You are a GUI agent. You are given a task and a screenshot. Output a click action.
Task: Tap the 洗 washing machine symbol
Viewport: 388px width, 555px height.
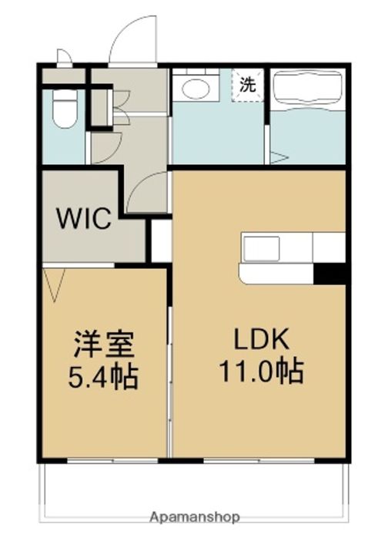pyautogui.click(x=247, y=84)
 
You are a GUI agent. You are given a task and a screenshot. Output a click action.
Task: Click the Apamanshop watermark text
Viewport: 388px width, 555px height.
pyautogui.click(x=195, y=516)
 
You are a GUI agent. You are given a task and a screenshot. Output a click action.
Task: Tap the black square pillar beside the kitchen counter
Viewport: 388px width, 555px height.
pyautogui.click(x=329, y=274)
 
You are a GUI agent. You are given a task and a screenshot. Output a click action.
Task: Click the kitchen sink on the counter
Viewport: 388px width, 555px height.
pyautogui.click(x=263, y=248)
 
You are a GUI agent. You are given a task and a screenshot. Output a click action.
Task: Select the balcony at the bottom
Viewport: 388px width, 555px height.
pyautogui.click(x=195, y=486)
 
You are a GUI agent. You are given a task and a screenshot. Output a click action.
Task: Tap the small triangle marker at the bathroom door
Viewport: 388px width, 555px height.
pyautogui.click(x=279, y=158)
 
